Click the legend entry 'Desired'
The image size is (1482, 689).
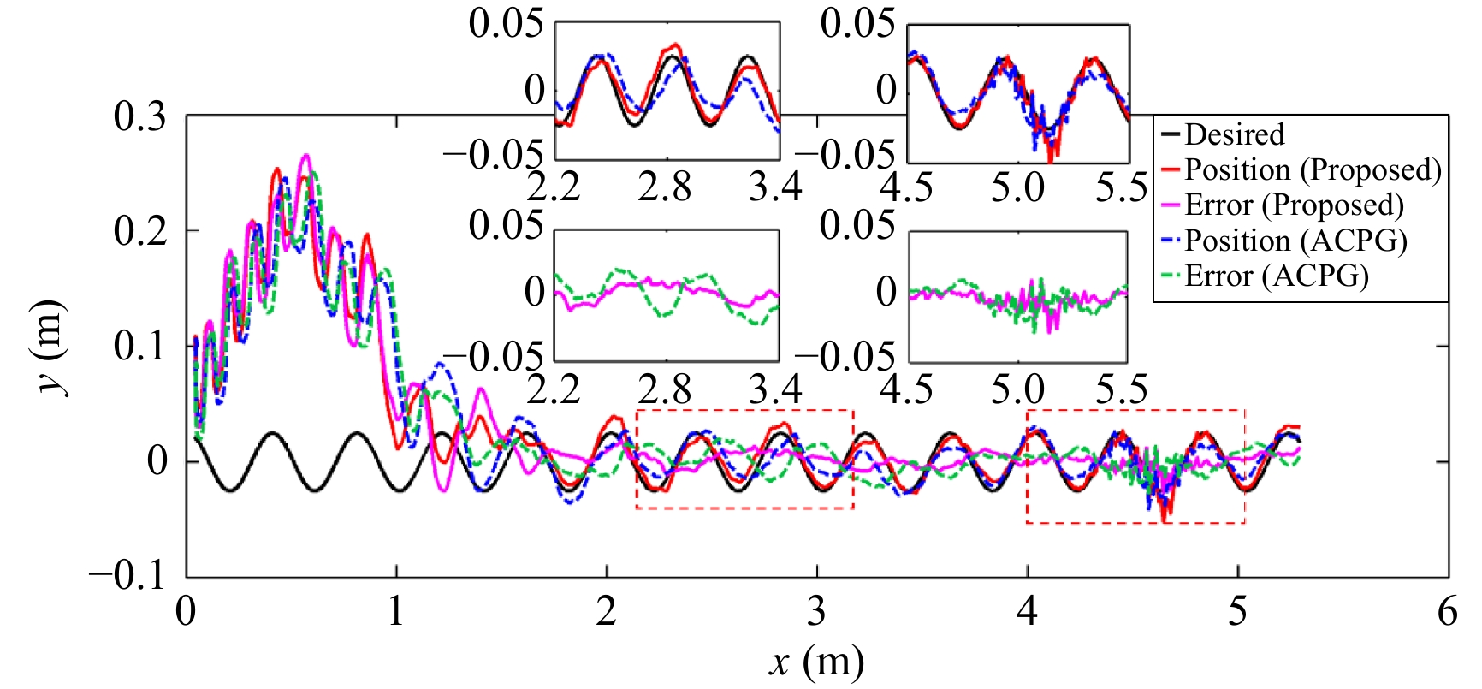click(1234, 135)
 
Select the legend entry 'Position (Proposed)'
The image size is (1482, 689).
click(1312, 170)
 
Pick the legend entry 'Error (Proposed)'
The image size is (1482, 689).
click(1293, 205)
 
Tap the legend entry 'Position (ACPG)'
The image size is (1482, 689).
click(1295, 241)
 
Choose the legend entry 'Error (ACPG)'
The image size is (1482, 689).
click(1276, 276)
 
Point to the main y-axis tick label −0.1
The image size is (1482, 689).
click(127, 575)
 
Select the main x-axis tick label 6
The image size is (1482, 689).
click(1447, 612)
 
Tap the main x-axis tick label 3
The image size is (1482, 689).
click(817, 612)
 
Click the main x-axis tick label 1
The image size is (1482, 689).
click(396, 612)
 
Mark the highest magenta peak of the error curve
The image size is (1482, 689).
click(305, 157)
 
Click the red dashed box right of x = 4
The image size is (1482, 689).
click(1135, 466)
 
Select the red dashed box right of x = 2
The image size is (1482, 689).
click(744, 460)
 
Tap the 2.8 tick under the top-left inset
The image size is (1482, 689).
click(665, 187)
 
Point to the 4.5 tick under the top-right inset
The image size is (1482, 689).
click(906, 187)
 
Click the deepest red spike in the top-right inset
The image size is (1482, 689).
click(1052, 160)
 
